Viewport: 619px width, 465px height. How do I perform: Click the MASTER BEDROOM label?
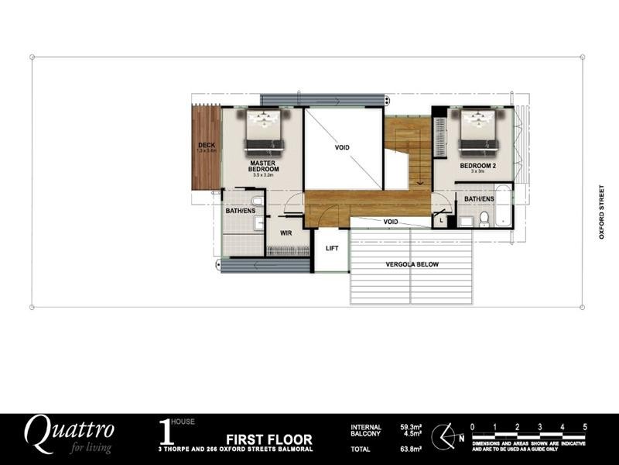264,165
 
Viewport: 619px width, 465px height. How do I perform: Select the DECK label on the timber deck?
206,145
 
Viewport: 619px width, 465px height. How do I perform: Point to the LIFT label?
333,248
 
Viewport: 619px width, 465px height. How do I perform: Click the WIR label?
285,232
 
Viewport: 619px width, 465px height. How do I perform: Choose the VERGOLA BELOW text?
412,264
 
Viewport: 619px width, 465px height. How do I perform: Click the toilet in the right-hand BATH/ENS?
484,218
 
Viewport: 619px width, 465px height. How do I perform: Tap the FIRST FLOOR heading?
269,439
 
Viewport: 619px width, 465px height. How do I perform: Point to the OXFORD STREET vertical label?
601,212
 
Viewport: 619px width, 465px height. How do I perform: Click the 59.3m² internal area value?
409,426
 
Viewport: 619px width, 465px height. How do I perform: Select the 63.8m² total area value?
409,448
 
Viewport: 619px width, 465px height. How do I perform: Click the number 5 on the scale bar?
585,426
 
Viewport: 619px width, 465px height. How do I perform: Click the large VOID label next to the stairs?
343,146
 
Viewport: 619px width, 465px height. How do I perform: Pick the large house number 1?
164,431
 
